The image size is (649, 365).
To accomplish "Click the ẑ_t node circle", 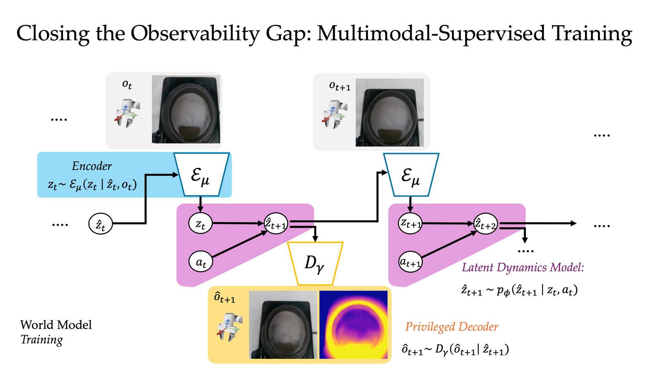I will [100, 224].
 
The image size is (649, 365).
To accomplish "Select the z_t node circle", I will [200, 223].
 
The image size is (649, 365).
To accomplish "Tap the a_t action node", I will [201, 262].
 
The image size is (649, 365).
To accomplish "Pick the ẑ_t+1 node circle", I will [276, 223].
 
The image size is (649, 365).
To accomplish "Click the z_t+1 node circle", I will [410, 223].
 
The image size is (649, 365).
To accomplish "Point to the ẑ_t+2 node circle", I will [486, 223].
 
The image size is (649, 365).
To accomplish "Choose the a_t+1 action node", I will [410, 262].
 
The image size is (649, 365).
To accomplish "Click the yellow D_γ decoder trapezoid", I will [315, 263].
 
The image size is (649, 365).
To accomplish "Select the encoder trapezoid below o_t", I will [201, 174].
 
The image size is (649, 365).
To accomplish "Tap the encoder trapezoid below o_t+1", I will [411, 174].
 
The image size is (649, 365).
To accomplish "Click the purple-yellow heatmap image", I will [353, 324].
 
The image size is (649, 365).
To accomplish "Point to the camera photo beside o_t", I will [186, 109].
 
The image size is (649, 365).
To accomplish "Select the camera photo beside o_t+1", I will [389, 112].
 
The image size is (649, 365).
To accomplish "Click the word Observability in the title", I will [194, 33].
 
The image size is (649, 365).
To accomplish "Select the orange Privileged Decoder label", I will [451, 326].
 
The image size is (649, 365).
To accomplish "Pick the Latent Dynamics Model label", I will [523, 267].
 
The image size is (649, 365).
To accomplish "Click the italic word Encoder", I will [92, 166].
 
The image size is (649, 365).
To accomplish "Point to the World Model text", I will [56, 324].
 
